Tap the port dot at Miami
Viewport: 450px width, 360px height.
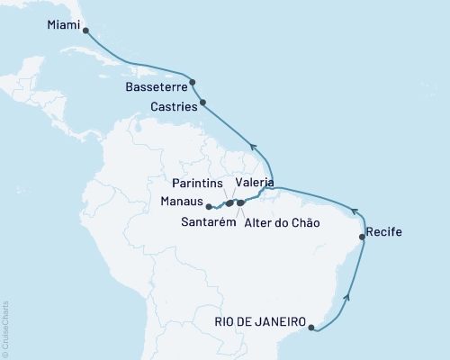click(x=85, y=30)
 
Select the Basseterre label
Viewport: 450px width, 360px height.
click(x=152, y=90)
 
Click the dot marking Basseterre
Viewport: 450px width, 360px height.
click(x=193, y=82)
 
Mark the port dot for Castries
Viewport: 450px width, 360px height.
click(x=203, y=103)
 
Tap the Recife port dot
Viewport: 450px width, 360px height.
click(x=363, y=237)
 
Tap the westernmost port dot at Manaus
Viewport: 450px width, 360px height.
click(x=209, y=206)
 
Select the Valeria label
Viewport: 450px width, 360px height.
click(x=254, y=183)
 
